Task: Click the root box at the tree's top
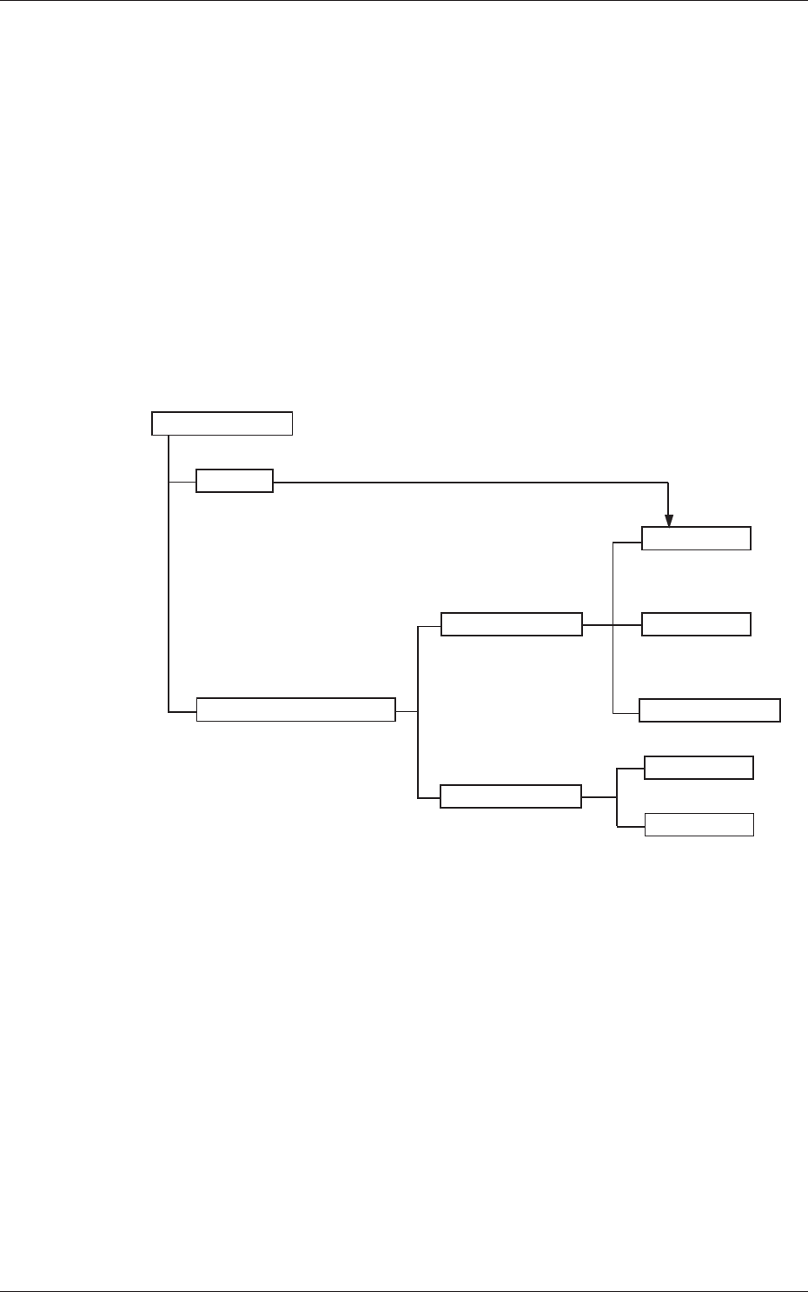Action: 222,423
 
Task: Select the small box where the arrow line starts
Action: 235,481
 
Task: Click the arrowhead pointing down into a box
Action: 668,520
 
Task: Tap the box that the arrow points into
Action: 696,539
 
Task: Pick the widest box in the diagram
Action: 296,709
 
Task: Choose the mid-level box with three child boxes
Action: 512,624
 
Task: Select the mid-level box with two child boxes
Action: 511,796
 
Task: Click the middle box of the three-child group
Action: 696,624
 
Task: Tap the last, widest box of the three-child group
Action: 710,710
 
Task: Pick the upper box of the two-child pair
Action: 699,768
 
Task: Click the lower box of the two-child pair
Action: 699,825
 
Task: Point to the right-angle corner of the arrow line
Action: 667,482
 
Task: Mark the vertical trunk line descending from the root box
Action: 168,591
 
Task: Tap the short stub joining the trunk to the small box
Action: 182,481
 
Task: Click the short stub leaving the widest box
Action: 407,710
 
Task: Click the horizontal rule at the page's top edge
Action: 404,1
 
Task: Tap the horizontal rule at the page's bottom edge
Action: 404,1291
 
